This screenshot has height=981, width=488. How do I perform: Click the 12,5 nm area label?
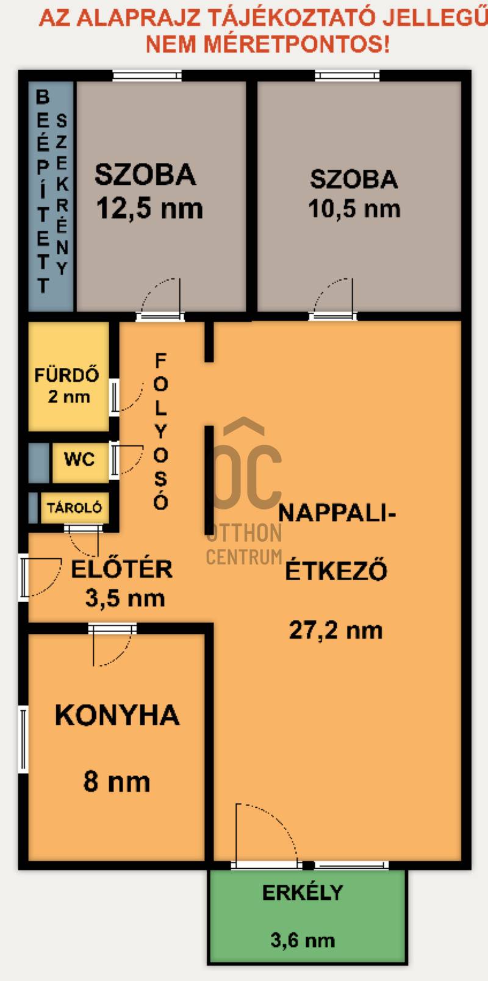[149, 208]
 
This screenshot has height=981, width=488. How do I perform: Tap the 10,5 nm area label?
[354, 209]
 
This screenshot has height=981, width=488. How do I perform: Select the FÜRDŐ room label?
[66, 375]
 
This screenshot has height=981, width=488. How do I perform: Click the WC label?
[79, 459]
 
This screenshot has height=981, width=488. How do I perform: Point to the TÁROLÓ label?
[74, 508]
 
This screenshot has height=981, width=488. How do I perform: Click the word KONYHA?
[117, 715]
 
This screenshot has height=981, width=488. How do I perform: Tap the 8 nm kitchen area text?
[117, 782]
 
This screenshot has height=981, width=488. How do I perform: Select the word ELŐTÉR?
[122, 569]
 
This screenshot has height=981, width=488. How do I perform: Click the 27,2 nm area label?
[335, 631]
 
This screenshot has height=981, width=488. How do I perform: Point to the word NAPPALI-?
[337, 513]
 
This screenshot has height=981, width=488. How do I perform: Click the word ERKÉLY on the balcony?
[303, 893]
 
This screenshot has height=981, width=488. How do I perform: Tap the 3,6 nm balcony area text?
[303, 940]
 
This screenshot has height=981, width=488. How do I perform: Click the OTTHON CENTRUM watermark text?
[244, 544]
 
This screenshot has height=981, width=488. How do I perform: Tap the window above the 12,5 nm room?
[147, 76]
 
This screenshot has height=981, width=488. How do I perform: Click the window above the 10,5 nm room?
[347, 76]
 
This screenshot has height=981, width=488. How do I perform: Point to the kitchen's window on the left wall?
[23, 739]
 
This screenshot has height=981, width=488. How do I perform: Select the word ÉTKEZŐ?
[337, 570]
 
